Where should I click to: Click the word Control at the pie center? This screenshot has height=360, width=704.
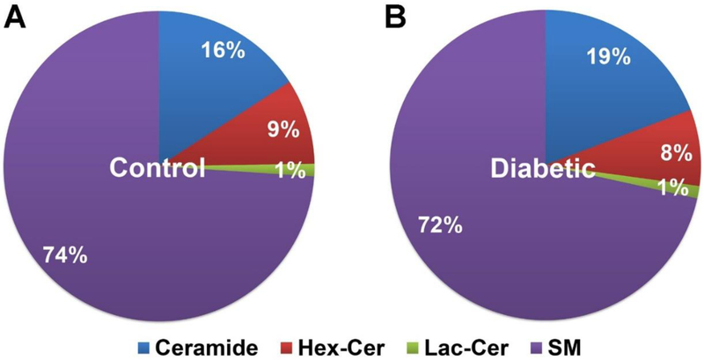pos(158,167)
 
